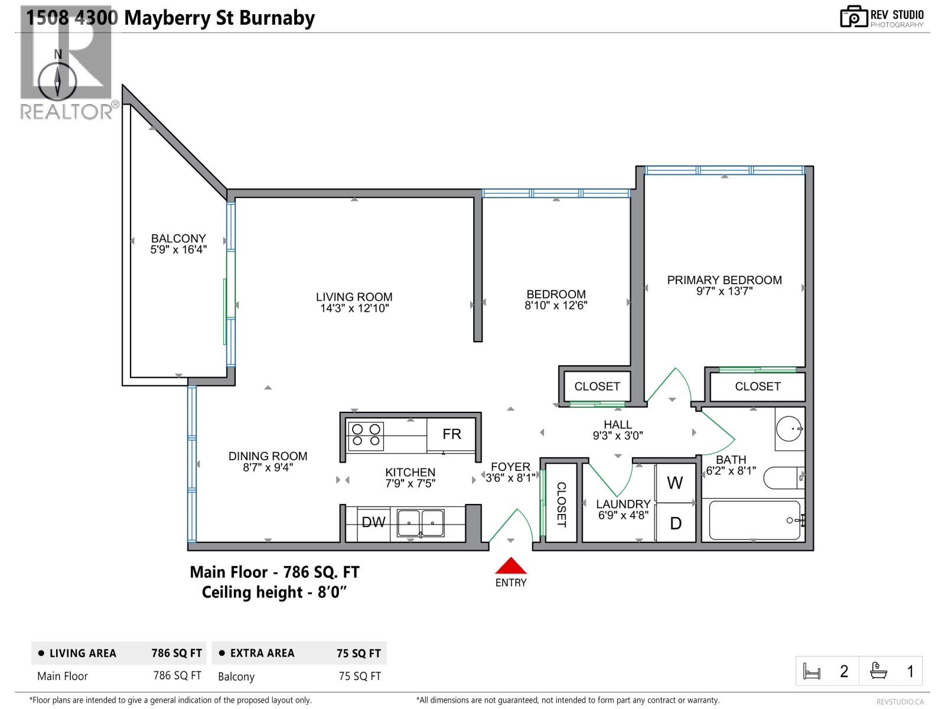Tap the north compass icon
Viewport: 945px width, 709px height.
coord(58,82)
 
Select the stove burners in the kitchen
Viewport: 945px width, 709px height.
coord(366,435)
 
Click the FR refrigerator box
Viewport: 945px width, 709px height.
coord(451,434)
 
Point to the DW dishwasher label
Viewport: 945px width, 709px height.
coord(373,522)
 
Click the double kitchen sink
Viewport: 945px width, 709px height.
coord(421,523)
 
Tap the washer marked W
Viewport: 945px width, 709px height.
coord(675,483)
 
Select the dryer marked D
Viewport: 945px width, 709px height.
coord(676,523)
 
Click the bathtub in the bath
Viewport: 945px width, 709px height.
coord(754,521)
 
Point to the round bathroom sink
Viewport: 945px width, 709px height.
coord(789,429)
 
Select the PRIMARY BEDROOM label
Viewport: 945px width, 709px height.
coord(724,280)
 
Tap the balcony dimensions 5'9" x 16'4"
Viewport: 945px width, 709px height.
coord(178,250)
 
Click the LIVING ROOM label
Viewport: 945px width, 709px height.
coord(354,297)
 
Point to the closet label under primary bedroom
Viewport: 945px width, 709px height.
coord(757,386)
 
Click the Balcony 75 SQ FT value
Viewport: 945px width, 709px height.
coord(360,676)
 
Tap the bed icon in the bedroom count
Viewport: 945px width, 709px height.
coord(812,671)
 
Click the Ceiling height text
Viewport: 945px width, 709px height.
coord(273,592)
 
